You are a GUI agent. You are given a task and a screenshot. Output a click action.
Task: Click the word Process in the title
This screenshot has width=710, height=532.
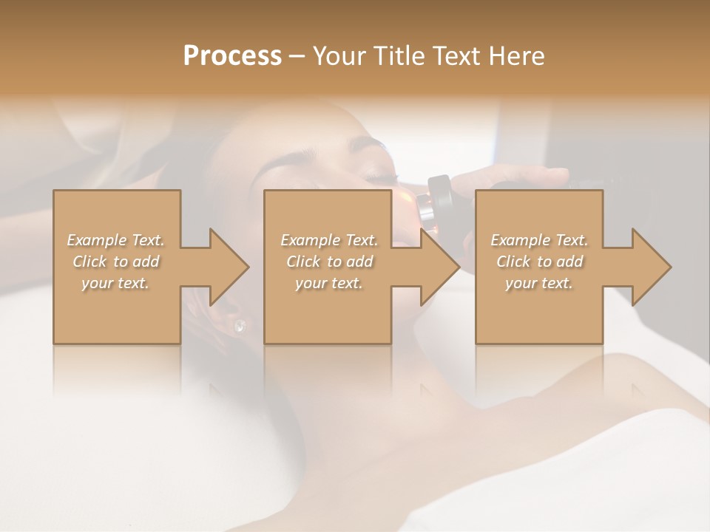pyautogui.click(x=232, y=56)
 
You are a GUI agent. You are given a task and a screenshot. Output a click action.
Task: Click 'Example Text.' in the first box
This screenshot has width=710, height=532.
pyautogui.click(x=115, y=240)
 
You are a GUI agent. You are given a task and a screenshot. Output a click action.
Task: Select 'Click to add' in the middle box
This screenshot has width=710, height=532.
pyautogui.click(x=329, y=262)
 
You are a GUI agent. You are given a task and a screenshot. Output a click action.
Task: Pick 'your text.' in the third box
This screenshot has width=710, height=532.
pyautogui.click(x=539, y=283)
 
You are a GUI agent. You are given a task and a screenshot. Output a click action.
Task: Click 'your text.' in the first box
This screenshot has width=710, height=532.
pyautogui.click(x=115, y=283)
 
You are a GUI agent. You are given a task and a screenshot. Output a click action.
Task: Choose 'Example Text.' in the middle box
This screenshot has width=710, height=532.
pyautogui.click(x=329, y=240)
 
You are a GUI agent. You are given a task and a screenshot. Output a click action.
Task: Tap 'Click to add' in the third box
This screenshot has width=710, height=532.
pyautogui.click(x=539, y=262)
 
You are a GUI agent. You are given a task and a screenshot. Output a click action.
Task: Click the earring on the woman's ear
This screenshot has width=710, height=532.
pyautogui.click(x=239, y=325)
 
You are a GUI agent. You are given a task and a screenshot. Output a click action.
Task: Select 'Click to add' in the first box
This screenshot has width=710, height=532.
pyautogui.click(x=115, y=262)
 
